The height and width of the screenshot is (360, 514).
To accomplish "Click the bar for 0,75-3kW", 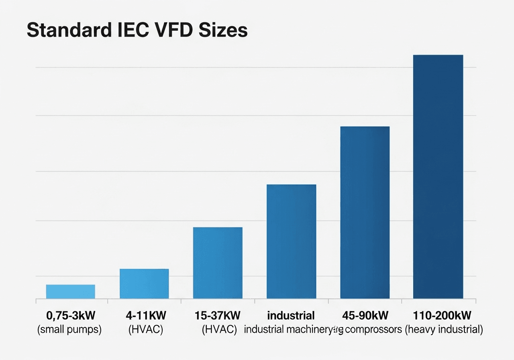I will (x=71, y=291).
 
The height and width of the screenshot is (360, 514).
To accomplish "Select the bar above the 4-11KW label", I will (x=144, y=284).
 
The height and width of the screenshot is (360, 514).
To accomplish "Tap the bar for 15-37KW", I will (x=218, y=263).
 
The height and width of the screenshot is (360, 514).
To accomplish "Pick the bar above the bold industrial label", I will (x=291, y=241).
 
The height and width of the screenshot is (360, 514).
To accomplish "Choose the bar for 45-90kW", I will (x=365, y=213).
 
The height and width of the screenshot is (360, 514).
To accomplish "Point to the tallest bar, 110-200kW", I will (x=438, y=177).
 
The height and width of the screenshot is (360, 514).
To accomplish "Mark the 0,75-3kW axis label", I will (x=71, y=315).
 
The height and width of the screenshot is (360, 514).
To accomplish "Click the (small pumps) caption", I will (x=69, y=330).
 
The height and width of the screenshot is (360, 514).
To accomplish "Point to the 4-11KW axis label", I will (x=146, y=315).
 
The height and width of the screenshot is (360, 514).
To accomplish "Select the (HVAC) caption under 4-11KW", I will (x=145, y=330).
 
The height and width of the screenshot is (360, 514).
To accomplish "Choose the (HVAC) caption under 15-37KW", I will (x=219, y=330).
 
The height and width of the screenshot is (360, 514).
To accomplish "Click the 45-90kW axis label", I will (x=365, y=315).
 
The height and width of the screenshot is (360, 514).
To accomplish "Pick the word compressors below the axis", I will (x=373, y=330).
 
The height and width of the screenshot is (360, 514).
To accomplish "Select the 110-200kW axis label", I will (x=442, y=315).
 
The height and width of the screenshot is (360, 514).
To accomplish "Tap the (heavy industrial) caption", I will (x=444, y=330).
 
